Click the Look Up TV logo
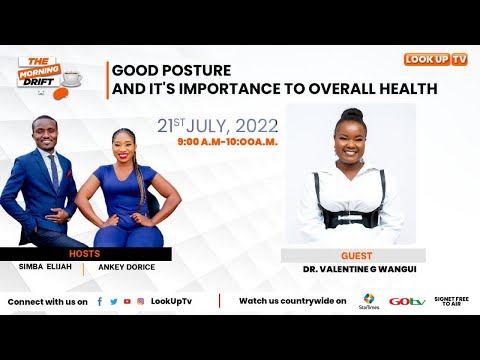pyautogui.click(x=435, y=59)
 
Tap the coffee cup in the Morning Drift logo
pyautogui.click(x=72, y=77)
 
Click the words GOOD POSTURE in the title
pyautogui.click(x=171, y=71)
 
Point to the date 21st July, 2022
pyautogui.click(x=217, y=126)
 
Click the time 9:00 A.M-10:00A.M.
pyautogui.click(x=227, y=143)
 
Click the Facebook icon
pyautogui.click(x=99, y=301)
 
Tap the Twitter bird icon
pyautogui.click(x=113, y=301)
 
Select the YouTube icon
pyautogui.click(x=126, y=301)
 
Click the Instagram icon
pyautogui.click(x=140, y=301)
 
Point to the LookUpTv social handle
pyautogui.click(x=171, y=301)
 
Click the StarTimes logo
pyautogui.click(x=369, y=300)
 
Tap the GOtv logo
pyautogui.click(x=407, y=301)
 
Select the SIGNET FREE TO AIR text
pyautogui.click(x=451, y=301)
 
